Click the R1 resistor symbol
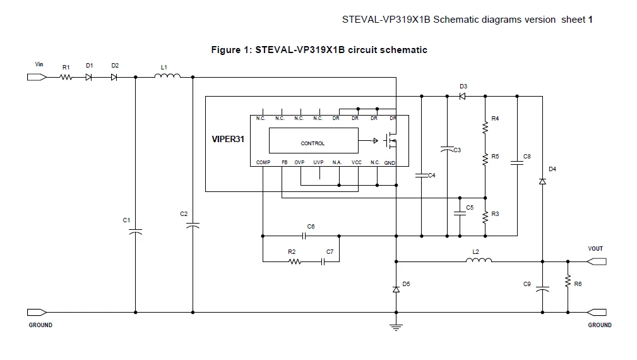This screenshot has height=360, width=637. pos(66,77)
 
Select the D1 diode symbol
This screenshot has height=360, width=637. pos(88,77)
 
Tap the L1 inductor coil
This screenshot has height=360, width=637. pos(167,76)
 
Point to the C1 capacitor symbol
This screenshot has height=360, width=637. pos(135,232)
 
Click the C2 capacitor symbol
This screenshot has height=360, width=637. pos(193,225)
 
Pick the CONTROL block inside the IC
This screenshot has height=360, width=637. pos(314,141)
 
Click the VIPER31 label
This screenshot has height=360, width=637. pos(228,139)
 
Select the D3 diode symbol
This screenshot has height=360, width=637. pos(462,96)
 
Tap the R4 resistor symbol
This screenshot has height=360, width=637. pos(485,128)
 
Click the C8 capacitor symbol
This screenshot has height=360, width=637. pos(517,163)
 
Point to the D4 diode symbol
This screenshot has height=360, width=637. pos(542,181)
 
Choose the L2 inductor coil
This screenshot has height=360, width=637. pos(479,260)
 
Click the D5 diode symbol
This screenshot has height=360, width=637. pos(396,289)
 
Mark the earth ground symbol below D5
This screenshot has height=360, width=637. pos(396,327)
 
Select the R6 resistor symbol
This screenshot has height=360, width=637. pos(568,281)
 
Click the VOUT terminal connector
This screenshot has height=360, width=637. pos(597,261)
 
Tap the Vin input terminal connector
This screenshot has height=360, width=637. pos(37,77)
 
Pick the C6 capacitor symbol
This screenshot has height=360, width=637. pos(304,236)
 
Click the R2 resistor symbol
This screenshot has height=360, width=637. pos(295,261)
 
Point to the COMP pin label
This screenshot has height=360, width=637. pos(263,162)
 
